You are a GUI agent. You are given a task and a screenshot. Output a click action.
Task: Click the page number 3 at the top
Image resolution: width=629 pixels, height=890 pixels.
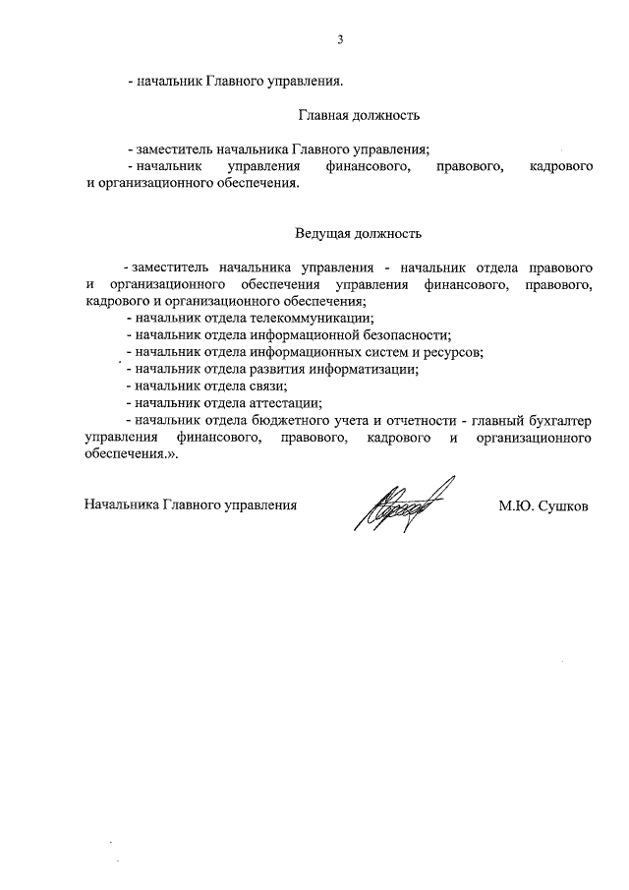point(341,40)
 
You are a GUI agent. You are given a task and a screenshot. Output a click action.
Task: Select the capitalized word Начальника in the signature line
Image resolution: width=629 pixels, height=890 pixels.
point(119,506)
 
